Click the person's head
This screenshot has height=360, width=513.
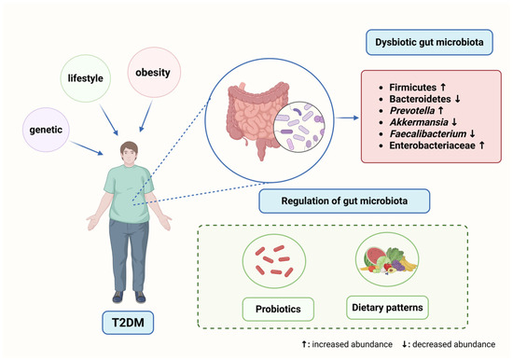130,152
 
